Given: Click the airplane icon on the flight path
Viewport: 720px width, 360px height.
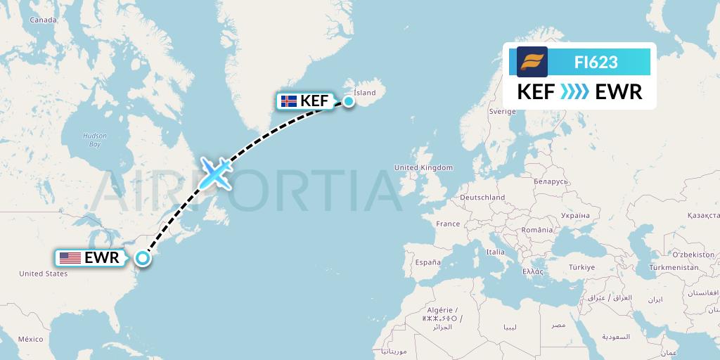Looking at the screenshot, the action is click(216, 173).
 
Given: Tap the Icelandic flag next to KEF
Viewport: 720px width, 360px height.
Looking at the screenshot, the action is click(288, 101).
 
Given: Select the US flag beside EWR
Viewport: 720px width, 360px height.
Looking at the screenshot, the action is click(70, 258).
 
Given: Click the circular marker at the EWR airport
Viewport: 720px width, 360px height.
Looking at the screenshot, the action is click(143, 258).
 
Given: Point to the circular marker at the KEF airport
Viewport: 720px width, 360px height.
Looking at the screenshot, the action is click(348, 101).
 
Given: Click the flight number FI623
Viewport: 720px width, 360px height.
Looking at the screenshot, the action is click(596, 62).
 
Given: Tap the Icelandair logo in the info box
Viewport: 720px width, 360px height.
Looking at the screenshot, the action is click(532, 62).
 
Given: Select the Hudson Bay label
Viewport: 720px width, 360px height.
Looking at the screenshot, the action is click(94, 139).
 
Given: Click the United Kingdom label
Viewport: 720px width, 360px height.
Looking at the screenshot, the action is click(423, 168).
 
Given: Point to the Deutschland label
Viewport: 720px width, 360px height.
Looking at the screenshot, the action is click(482, 198).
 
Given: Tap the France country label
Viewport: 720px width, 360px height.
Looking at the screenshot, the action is click(448, 224).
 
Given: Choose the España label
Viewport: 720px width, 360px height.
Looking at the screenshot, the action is click(427, 262).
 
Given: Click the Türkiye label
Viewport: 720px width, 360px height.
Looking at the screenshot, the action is click(582, 267).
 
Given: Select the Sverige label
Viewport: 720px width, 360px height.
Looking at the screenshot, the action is click(503, 111).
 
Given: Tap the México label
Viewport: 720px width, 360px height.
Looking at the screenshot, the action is click(30, 339).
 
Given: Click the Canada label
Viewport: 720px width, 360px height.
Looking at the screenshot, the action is click(43, 20).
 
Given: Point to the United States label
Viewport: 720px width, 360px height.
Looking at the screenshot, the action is click(44, 274).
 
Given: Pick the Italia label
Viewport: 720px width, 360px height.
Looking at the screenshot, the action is click(496, 251).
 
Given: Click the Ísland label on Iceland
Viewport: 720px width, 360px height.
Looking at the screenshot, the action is click(365, 93).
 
